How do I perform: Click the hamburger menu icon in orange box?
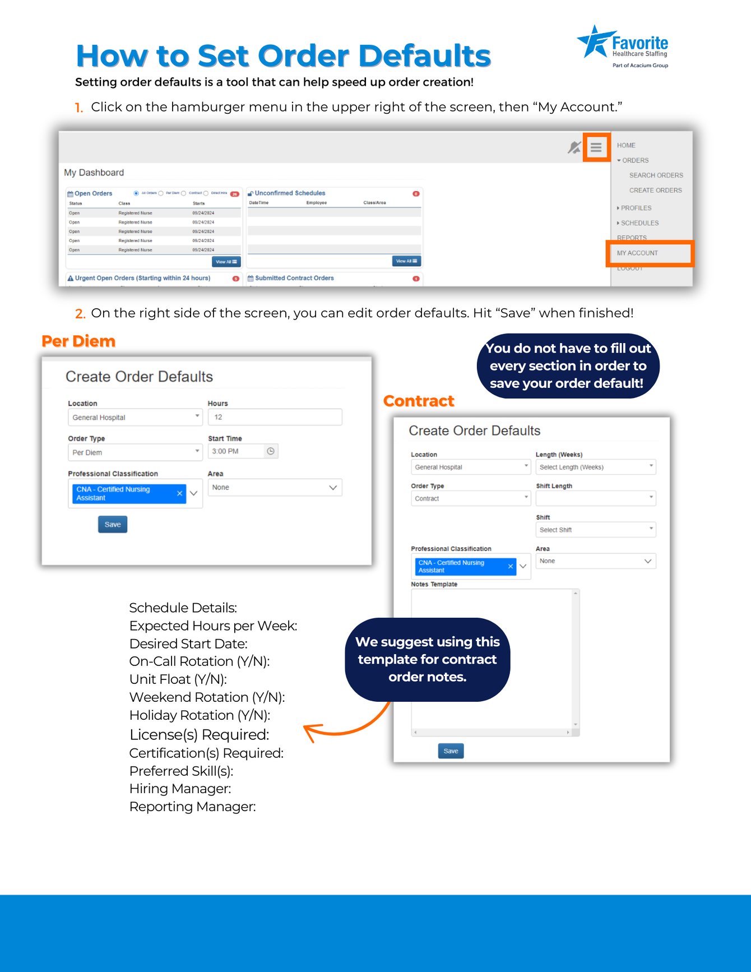[x=596, y=147]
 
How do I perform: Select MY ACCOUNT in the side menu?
[x=638, y=253]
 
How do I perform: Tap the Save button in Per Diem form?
[x=113, y=524]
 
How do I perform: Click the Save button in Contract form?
[x=451, y=751]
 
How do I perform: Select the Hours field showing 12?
[x=275, y=417]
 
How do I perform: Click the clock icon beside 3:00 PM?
[x=271, y=451]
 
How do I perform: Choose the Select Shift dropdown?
[x=595, y=530]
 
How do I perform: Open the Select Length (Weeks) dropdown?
[x=595, y=467]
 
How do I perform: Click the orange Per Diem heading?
[x=78, y=341]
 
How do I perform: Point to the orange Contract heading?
[x=419, y=401]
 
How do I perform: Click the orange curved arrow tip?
[x=306, y=729]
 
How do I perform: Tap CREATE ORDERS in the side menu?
[x=655, y=190]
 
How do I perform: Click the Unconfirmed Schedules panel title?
[x=290, y=193]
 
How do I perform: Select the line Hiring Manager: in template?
[x=180, y=789]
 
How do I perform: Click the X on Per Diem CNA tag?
[x=179, y=493]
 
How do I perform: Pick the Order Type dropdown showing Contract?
[x=470, y=498]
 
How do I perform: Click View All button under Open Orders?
[x=226, y=262]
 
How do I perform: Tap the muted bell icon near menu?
[x=573, y=147]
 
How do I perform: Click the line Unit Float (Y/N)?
[x=178, y=679]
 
